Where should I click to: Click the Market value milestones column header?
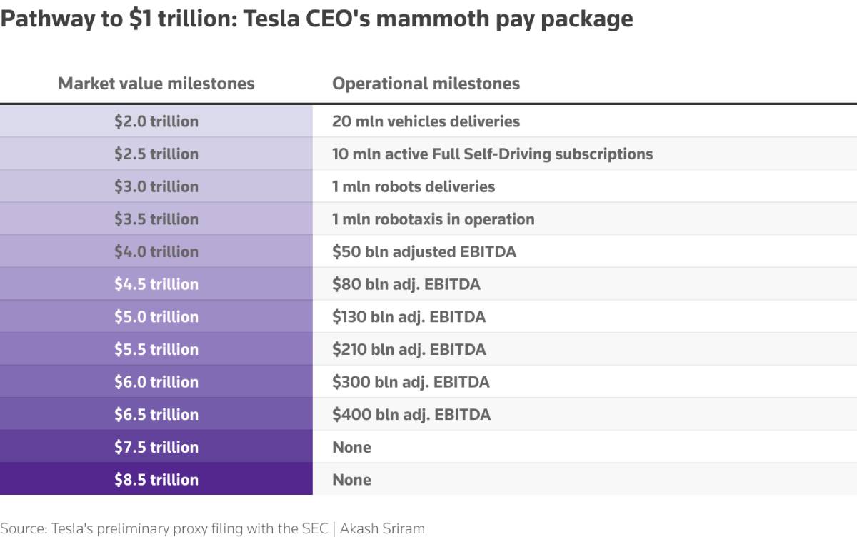(x=156, y=84)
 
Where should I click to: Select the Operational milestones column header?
(x=426, y=84)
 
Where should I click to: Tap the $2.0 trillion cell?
(x=156, y=121)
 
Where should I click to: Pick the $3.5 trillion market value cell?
(x=156, y=219)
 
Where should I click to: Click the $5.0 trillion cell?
(x=156, y=317)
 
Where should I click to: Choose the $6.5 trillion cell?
(x=156, y=415)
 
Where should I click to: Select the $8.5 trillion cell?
(x=156, y=480)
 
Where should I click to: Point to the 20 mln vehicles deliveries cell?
(x=426, y=121)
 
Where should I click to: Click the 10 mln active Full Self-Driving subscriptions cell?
(x=492, y=154)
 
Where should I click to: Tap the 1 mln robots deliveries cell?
(x=414, y=187)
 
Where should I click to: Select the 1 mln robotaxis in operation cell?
(x=433, y=219)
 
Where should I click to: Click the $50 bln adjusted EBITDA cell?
(x=424, y=252)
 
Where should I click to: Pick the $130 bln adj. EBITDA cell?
(x=409, y=317)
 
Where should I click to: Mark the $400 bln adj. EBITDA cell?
(x=411, y=415)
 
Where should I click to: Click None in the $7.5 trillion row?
(x=351, y=448)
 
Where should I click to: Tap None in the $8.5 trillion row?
(x=351, y=480)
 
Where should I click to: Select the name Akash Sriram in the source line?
(x=382, y=529)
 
